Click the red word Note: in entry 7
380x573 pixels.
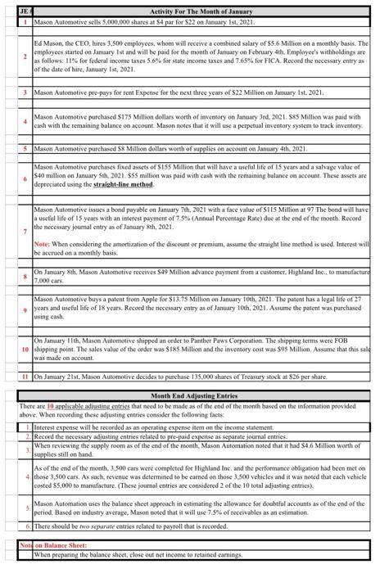pos(43,245)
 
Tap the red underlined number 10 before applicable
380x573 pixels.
pos(51,406)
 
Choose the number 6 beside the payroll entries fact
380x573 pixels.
pos(28,526)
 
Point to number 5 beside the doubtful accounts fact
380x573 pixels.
pos(28,508)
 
